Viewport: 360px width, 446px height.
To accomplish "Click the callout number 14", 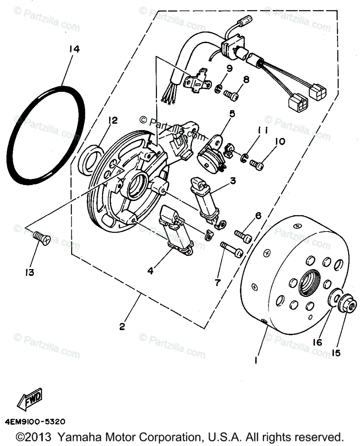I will tap(74, 49).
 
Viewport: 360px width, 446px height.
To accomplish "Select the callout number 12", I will tap(113, 120).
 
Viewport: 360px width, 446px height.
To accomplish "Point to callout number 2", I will tap(122, 327).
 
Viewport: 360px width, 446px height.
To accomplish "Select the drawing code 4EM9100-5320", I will tap(35, 421).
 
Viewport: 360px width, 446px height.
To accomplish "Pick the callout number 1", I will tap(256, 360).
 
